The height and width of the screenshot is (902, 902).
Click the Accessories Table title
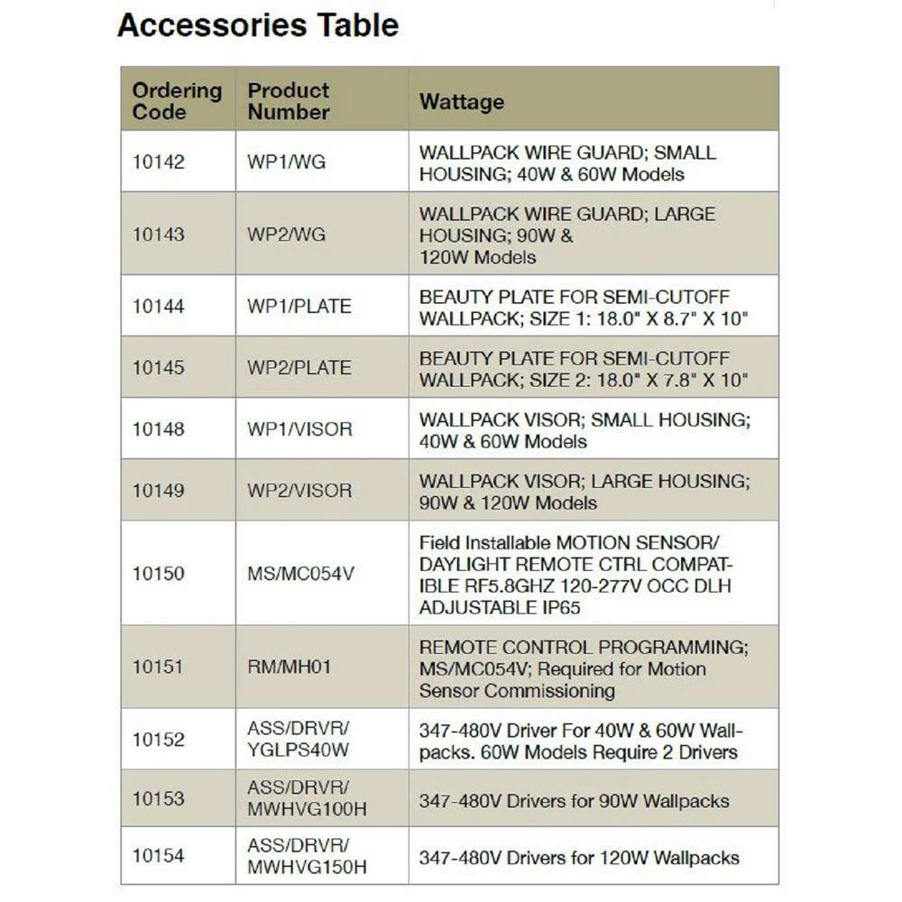click(258, 25)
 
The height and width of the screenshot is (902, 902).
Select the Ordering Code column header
click(177, 101)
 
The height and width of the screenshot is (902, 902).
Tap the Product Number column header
click(289, 101)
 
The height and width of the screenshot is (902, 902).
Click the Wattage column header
click(461, 101)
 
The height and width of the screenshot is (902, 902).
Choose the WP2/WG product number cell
click(287, 235)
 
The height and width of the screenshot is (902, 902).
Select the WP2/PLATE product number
click(299, 368)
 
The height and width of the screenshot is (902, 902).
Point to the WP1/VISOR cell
click(299, 429)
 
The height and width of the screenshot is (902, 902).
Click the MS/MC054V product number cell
click(301, 574)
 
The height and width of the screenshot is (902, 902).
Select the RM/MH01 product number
click(290, 667)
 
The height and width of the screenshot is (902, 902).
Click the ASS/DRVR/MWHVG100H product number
click(307, 798)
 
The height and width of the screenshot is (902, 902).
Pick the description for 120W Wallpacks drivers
click(579, 857)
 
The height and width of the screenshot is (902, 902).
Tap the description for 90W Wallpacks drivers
click(574, 800)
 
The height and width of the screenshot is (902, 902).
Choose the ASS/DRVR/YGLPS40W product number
click(298, 740)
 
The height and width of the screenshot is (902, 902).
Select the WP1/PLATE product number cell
click(299, 307)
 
